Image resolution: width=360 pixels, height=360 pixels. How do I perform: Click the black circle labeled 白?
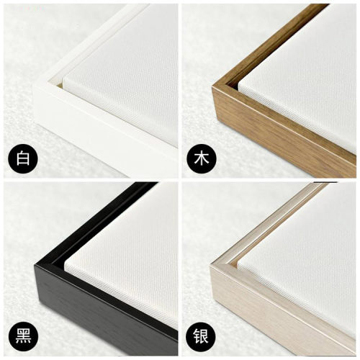[x=23, y=158]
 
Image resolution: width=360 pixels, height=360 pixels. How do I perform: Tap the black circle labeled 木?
[x=202, y=158]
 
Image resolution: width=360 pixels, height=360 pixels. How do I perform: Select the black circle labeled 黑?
[x=23, y=336]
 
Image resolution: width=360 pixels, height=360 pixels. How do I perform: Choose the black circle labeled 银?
[x=202, y=336]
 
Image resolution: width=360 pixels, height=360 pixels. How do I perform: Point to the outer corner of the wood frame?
[x=212, y=87]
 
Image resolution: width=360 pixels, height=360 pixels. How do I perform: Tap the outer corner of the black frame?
[x=35, y=265]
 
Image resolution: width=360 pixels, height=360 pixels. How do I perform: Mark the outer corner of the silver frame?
[x=211, y=266]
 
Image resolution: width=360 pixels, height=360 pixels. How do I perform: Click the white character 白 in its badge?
[x=23, y=158]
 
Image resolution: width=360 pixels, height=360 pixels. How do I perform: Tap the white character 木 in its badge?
[x=202, y=158]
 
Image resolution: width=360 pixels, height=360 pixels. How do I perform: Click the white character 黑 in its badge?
[x=23, y=336]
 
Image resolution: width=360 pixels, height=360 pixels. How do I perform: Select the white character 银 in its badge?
[x=202, y=336]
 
